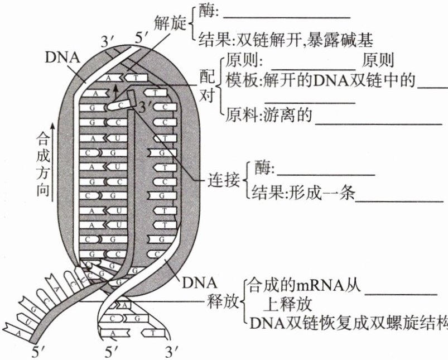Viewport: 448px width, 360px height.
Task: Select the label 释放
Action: coord(220,302)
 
